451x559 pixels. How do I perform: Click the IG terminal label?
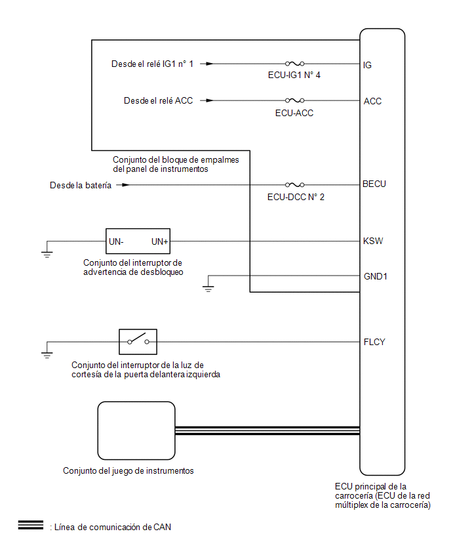point(368,65)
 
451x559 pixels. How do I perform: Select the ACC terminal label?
point(372,101)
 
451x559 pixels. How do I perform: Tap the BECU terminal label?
point(374,184)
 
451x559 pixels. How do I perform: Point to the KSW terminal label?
point(373,241)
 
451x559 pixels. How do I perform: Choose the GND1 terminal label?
point(376,276)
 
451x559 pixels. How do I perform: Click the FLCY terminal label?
point(374,342)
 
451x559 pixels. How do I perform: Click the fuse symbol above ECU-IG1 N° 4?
point(294,64)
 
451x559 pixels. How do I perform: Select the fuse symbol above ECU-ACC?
point(294,100)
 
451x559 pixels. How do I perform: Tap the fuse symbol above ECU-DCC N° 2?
point(294,184)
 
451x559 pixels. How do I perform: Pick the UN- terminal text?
point(116,241)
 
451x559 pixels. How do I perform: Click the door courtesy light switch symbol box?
point(138,341)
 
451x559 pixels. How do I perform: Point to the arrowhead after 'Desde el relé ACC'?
point(209,100)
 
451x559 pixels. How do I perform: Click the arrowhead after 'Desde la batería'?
point(125,184)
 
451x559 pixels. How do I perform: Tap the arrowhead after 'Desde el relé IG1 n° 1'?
point(209,64)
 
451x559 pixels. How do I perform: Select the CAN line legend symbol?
point(30,526)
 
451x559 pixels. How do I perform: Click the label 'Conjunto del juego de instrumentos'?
point(128,470)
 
